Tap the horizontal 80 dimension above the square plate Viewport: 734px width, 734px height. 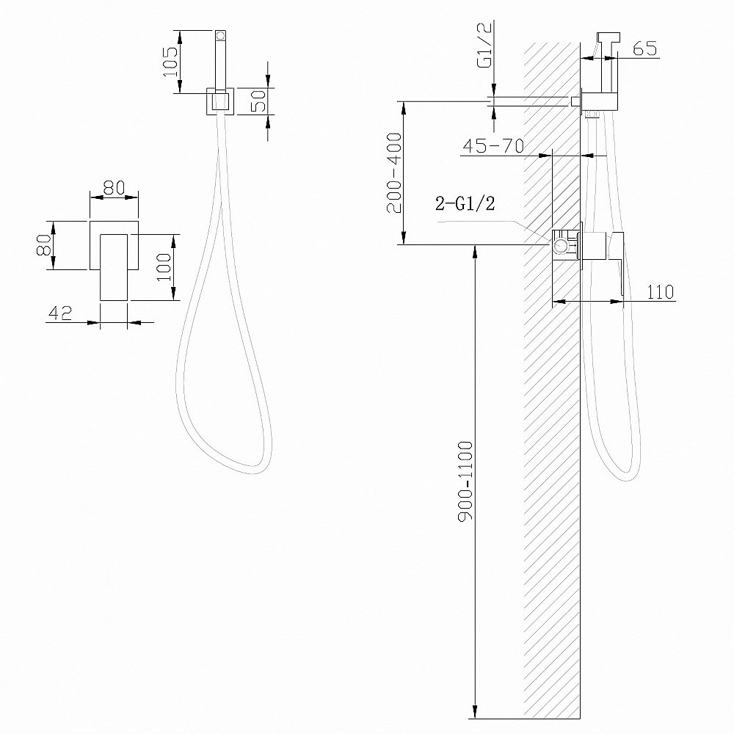[x=113, y=187]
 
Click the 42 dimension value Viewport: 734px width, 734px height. [x=59, y=313]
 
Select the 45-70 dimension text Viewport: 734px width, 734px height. [x=492, y=146]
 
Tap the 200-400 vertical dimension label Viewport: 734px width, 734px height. [x=393, y=172]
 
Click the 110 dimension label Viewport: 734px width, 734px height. [x=661, y=291]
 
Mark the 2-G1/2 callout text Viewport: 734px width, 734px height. [x=465, y=205]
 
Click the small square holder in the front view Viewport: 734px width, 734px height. [x=219, y=101]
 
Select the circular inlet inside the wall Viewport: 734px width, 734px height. [x=562, y=246]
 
